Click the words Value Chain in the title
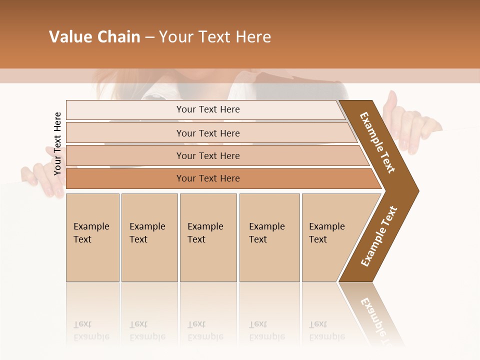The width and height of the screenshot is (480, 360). tap(94, 37)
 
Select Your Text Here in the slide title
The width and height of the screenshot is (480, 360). tap(215, 37)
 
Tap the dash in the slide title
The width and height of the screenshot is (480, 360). tap(149, 37)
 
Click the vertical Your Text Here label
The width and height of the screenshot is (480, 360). tap(57, 144)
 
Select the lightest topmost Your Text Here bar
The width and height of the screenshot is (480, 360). tap(207, 109)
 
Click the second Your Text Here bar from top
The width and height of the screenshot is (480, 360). tap(207, 133)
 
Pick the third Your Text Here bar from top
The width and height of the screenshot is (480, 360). tap(207, 155)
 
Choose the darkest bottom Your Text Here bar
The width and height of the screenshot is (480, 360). tap(207, 178)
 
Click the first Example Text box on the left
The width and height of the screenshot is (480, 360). tap(92, 237)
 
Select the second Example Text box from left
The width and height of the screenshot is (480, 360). tap(149, 237)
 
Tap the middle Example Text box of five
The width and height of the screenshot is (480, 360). tap(207, 237)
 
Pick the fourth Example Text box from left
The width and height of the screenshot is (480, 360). tap(269, 237)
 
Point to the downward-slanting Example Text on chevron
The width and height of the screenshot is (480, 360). tap(377, 142)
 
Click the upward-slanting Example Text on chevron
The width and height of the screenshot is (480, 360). tap(379, 236)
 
